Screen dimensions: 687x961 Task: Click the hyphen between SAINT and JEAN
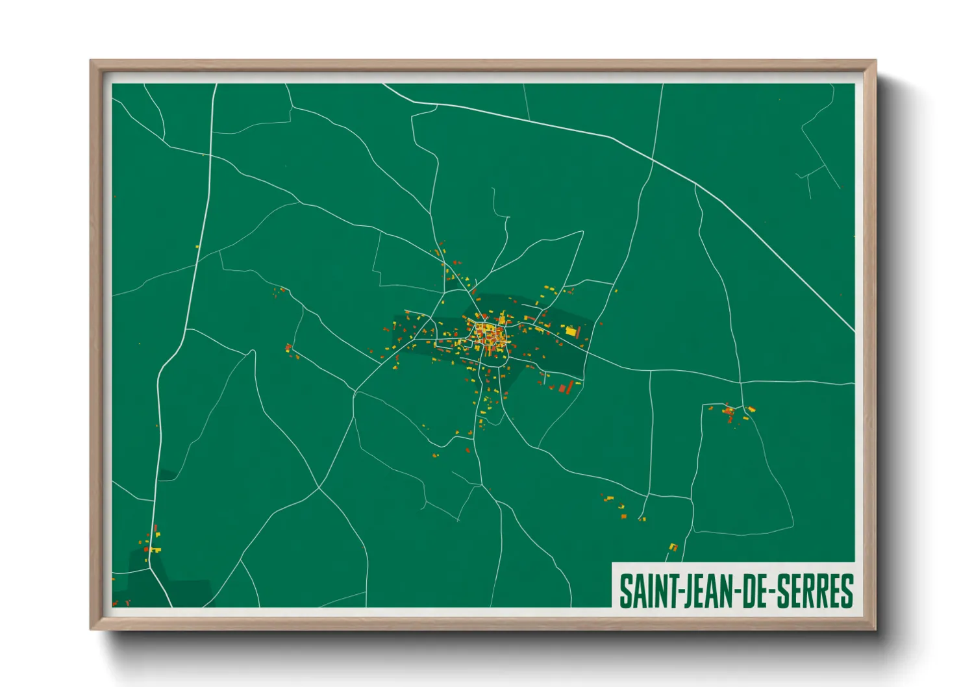coord(679,592)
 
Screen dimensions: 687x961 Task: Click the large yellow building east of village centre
coord(571,332)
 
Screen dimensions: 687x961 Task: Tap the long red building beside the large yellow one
coord(578,332)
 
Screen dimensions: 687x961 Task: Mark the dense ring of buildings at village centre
coord(490,336)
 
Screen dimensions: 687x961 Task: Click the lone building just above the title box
coord(673,547)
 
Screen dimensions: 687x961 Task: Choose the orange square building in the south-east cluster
coord(624,516)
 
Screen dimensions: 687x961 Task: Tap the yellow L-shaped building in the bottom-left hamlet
coord(153,549)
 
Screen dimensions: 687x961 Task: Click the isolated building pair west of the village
coord(288,349)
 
